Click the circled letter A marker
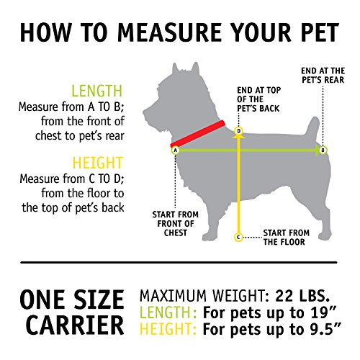pos(176,150)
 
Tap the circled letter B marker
pos(323,150)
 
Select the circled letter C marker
pos(238,238)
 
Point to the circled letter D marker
pos(238,131)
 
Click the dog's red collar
pos(198,134)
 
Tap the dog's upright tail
pos(312,130)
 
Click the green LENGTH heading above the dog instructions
pos(97,91)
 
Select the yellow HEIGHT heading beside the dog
pos(98,163)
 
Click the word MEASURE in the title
pos(170,32)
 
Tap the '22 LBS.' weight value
pos(302,296)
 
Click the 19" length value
pos(320,312)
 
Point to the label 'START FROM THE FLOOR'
pos(286,238)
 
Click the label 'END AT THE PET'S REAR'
pos(323,76)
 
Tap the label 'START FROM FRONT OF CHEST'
pos(176,224)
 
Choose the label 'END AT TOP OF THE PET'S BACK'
pos(258,99)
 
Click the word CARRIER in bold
pos(75,325)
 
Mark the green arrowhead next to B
pos(318,150)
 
